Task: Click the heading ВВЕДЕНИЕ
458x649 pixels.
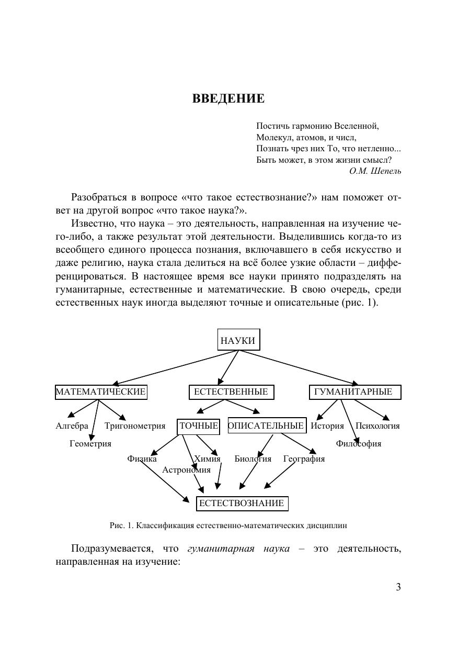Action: pos(228,99)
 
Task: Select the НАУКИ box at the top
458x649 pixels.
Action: pos(238,341)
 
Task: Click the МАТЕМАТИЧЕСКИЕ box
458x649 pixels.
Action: pos(101,392)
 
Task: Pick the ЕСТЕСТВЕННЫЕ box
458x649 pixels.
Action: pos(231,392)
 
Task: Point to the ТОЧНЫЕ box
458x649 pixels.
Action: pos(199,426)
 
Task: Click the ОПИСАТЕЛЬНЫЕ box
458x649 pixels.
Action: pos(266,426)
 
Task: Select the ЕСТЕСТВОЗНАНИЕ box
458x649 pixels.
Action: pos(242,503)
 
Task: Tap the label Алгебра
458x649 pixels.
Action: pos(72,426)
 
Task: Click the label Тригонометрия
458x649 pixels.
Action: pos(135,426)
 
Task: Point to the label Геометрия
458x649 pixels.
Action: pos(90,444)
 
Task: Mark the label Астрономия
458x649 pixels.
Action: pos(186,470)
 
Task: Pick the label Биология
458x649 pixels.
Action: pos(253,459)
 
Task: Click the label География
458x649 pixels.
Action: pos(304,459)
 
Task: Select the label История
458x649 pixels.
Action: pos(327,426)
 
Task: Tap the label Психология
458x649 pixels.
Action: pos(377,426)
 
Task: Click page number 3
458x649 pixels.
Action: pos(398,587)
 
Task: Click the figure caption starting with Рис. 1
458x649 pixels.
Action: pos(228,525)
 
